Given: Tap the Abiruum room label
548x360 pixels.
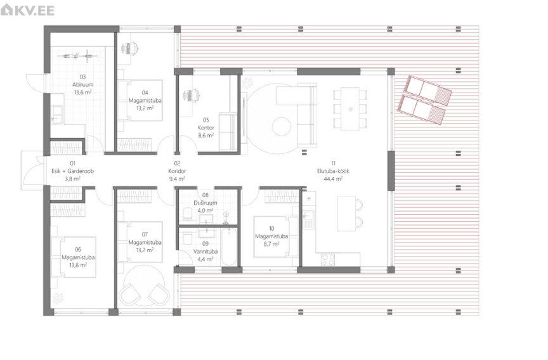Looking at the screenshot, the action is coord(83,84).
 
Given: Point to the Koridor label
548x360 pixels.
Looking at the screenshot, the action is coord(177,171).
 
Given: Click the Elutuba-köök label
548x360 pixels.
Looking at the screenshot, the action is coord(333,171).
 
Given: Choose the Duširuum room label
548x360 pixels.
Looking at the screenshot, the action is coord(205,203).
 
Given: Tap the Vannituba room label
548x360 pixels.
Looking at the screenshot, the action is coord(205,252).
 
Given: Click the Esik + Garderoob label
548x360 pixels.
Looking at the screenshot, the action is coord(73,171).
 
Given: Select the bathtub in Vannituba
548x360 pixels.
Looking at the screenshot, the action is coord(229,247).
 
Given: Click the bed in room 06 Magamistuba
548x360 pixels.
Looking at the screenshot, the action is coord(74,257).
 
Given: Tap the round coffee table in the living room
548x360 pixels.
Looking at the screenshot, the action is coord(282,126).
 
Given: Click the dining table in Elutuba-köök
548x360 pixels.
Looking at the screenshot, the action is coord(350,108).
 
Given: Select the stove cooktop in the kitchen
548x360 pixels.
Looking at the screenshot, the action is coord(328,259).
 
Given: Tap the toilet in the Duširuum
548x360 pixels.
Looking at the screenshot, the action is coord(188,213).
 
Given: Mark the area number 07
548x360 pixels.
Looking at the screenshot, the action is coord(145,235).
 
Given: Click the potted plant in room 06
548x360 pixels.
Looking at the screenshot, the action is coord(58,299).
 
